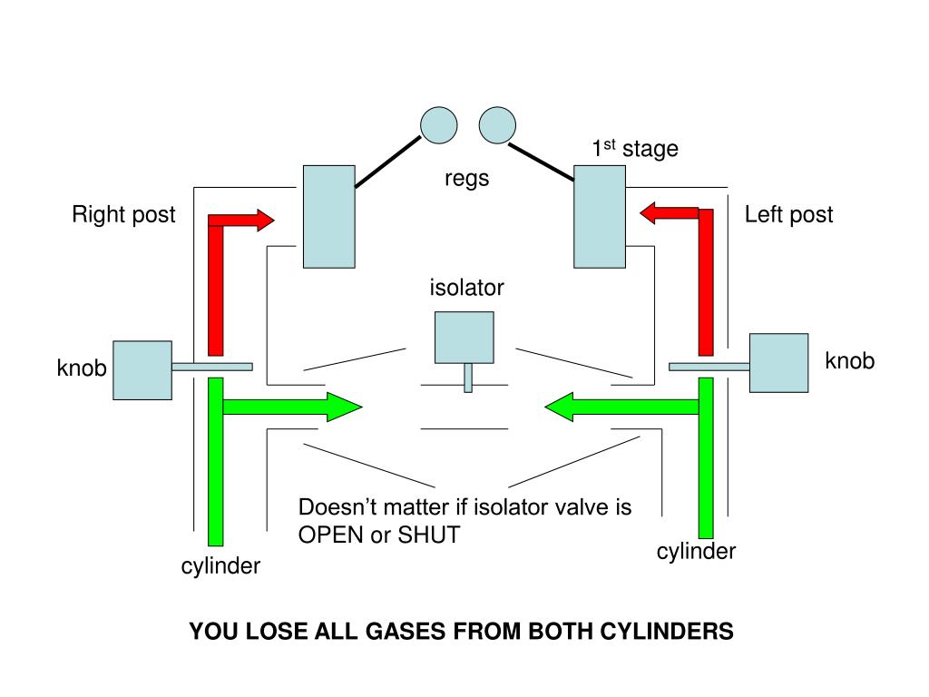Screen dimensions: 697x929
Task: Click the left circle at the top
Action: (x=437, y=125)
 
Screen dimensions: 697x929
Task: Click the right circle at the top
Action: (x=497, y=125)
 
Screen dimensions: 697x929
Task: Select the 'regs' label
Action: (x=466, y=179)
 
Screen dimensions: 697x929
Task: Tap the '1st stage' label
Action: (x=635, y=149)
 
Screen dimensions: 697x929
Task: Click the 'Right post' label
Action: (x=123, y=215)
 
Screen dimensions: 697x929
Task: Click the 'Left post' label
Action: (x=788, y=215)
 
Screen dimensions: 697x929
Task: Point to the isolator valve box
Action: (x=464, y=338)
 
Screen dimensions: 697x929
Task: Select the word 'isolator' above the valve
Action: (x=466, y=289)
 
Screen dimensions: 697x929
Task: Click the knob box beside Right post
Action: (x=142, y=369)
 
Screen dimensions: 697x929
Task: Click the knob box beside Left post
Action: (x=778, y=363)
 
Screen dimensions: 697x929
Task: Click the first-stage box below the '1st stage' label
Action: (x=599, y=216)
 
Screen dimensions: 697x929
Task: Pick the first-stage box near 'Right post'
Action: (x=328, y=216)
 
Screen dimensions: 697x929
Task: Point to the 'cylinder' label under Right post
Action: (x=220, y=566)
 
